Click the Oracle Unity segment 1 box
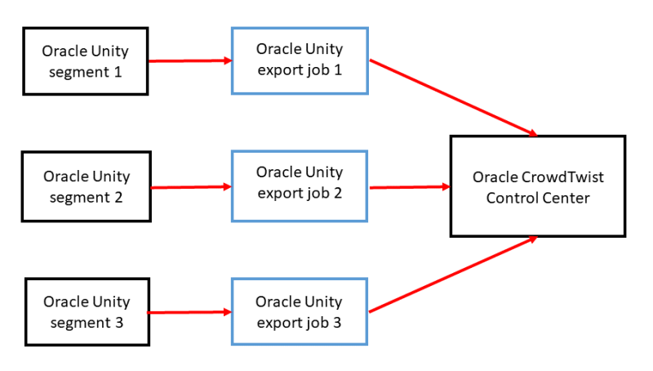(x=86, y=60)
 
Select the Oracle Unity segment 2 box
(x=86, y=186)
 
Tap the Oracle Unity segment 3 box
(x=86, y=311)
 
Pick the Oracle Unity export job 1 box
(x=300, y=60)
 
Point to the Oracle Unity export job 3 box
(x=300, y=311)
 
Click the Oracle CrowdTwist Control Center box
(x=538, y=186)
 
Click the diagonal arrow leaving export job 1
(x=453, y=97)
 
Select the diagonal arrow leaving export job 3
(x=453, y=275)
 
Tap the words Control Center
(x=538, y=198)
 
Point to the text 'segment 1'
(x=86, y=70)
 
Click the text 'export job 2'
(x=300, y=194)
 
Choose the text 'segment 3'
(x=86, y=322)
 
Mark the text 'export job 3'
(x=300, y=322)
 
